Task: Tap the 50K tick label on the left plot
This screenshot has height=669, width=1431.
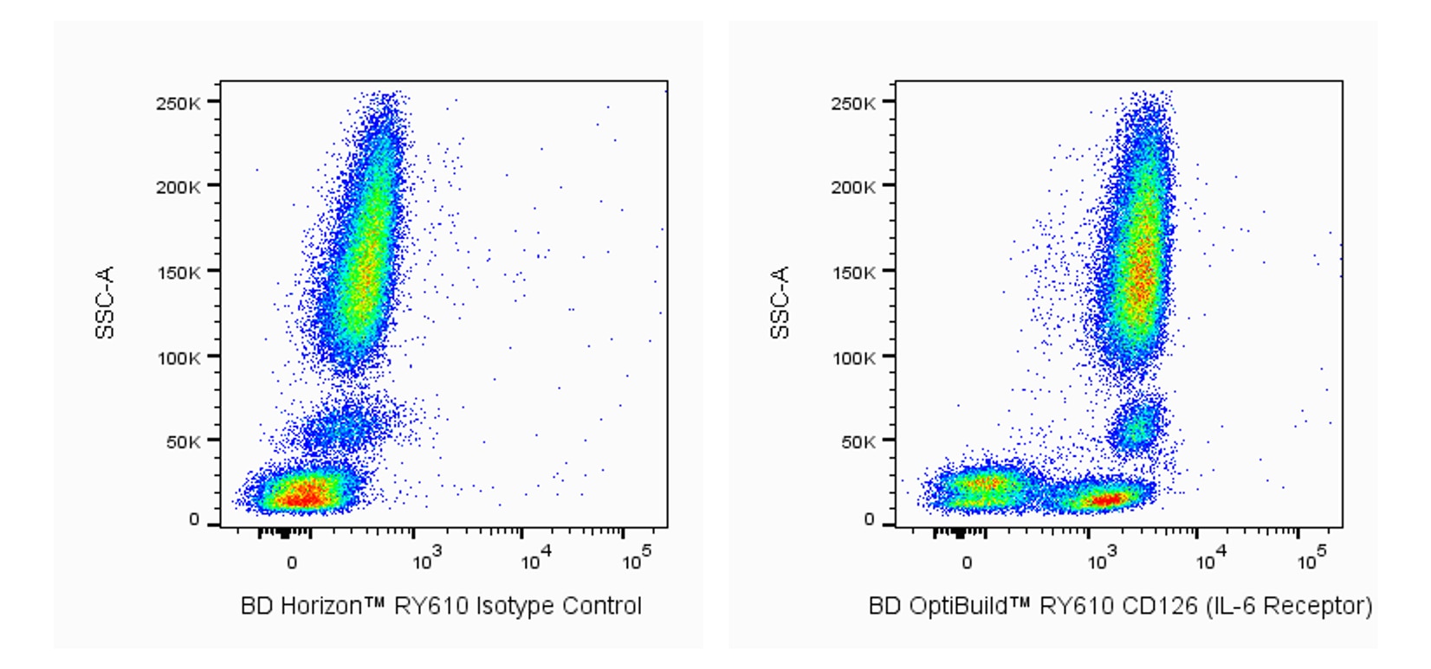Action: pos(182,442)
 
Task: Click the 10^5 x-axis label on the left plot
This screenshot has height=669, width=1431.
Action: pos(638,561)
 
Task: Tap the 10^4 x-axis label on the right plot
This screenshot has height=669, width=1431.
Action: pos(1208,561)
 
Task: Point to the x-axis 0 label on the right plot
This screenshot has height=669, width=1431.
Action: pos(967,563)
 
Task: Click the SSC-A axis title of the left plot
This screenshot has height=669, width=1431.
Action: pos(105,302)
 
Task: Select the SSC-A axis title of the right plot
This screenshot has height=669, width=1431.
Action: pos(780,302)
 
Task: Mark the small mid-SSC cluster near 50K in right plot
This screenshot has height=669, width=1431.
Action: pos(1136,424)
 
